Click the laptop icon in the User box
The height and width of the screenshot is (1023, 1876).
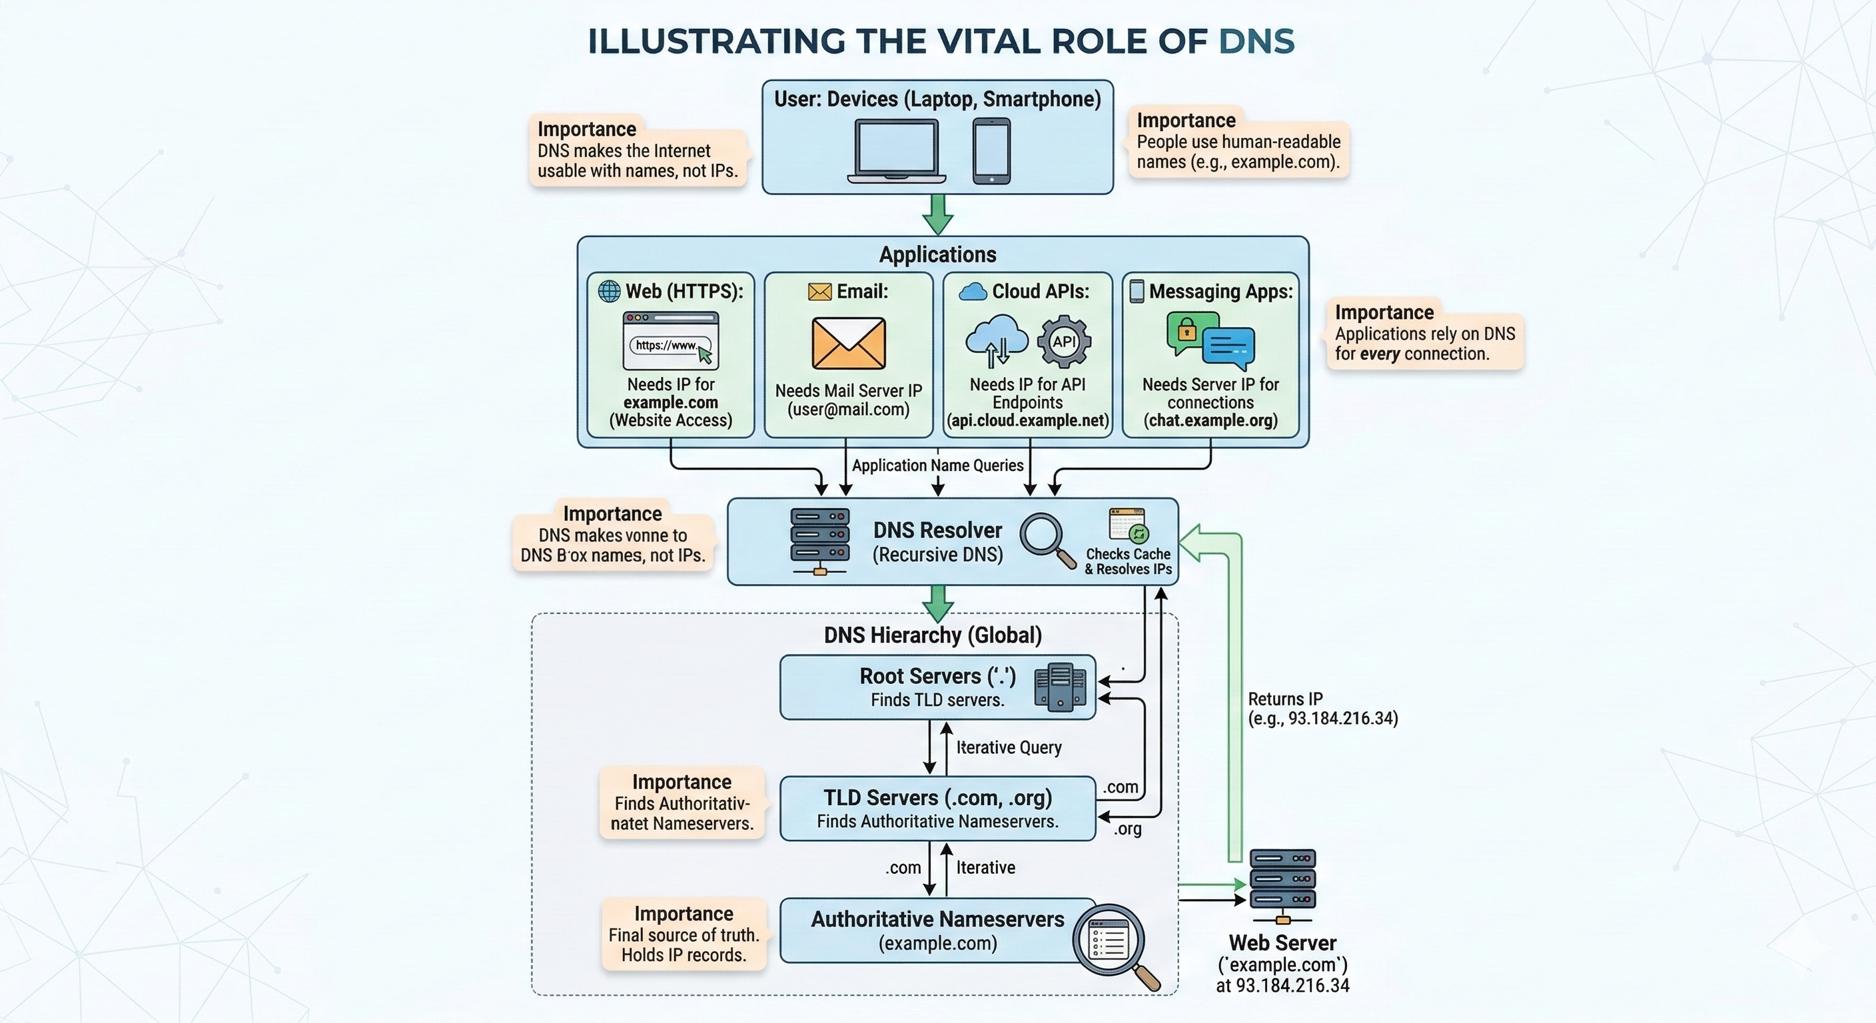(897, 151)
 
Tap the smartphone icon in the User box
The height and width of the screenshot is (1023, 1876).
(991, 151)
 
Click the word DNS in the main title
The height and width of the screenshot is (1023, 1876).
(1256, 41)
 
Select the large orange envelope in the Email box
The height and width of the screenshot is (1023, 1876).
(849, 343)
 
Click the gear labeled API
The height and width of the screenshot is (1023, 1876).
(1064, 342)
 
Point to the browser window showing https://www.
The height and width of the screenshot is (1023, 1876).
(671, 341)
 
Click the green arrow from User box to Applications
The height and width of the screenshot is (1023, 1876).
(938, 214)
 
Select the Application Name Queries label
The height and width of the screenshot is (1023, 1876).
(937, 466)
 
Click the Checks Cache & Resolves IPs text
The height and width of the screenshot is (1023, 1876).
(1128, 561)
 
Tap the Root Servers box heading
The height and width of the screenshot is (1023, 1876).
(937, 676)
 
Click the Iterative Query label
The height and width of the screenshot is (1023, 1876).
(1009, 748)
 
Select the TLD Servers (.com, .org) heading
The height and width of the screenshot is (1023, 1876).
(937, 798)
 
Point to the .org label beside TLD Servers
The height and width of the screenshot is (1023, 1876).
(1127, 829)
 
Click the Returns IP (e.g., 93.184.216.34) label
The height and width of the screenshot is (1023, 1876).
(1322, 709)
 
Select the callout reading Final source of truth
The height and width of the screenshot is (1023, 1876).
(683, 935)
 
